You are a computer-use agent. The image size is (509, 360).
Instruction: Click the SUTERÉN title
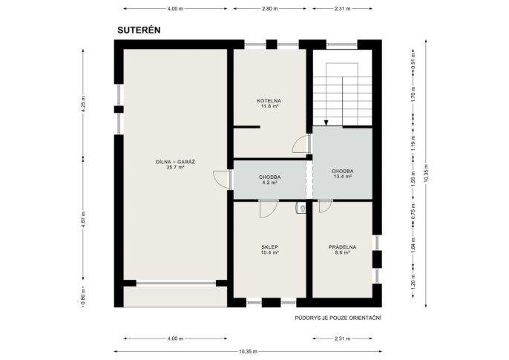point(139,30)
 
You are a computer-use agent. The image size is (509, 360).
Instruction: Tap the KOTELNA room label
point(269,101)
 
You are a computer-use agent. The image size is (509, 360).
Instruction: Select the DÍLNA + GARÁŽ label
point(175,162)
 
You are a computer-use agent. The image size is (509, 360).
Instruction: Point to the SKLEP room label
point(270,247)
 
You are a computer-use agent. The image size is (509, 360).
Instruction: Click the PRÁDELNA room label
point(342,247)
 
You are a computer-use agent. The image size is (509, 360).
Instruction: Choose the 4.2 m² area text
point(270,183)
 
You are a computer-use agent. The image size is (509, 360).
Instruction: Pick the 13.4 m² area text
point(343,176)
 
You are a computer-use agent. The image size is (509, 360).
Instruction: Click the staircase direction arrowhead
point(326,122)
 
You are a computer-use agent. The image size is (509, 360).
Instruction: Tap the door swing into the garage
point(223,179)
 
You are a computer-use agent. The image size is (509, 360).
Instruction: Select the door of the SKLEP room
point(269,209)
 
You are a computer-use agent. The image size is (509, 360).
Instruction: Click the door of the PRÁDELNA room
point(325,206)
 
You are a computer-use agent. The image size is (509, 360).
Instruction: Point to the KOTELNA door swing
point(301,144)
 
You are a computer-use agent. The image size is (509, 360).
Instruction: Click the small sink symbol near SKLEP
point(301,208)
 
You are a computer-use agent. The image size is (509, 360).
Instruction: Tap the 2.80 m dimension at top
point(270,9)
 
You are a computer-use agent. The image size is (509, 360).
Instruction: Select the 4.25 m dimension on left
point(83,105)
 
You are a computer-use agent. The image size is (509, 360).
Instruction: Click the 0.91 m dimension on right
point(413,61)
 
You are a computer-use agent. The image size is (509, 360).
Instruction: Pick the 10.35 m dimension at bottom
point(248,351)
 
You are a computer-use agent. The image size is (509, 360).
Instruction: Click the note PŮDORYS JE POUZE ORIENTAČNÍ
point(338,318)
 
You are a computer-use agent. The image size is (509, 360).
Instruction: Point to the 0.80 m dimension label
point(83,297)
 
